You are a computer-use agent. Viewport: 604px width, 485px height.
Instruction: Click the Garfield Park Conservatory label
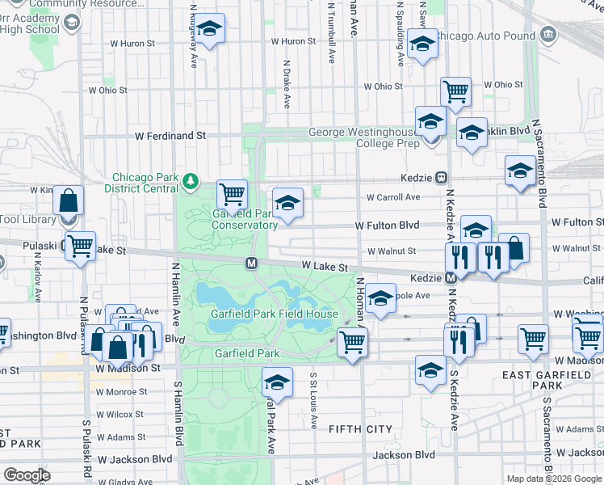tap(244, 219)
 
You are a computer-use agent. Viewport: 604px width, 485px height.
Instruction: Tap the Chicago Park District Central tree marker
tap(191, 179)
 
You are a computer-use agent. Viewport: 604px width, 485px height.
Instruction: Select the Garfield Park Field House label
tap(275, 314)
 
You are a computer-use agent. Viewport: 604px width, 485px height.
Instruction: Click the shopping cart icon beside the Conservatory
tap(233, 193)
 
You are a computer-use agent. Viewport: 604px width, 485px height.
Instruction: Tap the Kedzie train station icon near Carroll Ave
tap(442, 177)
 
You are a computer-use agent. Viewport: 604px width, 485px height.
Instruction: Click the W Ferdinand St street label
tap(170, 136)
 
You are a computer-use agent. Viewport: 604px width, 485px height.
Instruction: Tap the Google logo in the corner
tap(27, 474)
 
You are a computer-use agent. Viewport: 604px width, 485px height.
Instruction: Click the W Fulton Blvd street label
tap(388, 226)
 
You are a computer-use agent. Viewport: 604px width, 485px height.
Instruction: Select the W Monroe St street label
tap(121, 392)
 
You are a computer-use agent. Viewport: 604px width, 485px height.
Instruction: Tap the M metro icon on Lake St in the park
tap(252, 263)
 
